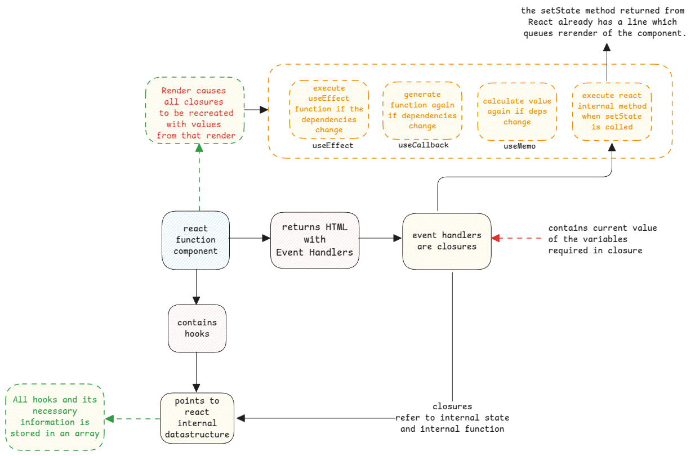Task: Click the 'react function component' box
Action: (x=195, y=239)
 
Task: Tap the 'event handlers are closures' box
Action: (x=447, y=241)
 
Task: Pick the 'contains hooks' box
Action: (x=197, y=328)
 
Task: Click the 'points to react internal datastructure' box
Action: (x=197, y=418)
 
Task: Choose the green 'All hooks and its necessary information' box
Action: (x=55, y=417)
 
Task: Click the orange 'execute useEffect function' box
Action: (x=329, y=109)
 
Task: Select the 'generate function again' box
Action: (x=422, y=110)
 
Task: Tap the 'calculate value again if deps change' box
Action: (x=516, y=111)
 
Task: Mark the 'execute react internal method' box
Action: (x=612, y=111)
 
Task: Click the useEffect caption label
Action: (x=333, y=145)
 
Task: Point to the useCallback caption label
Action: (x=423, y=145)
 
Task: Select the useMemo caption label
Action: (x=519, y=146)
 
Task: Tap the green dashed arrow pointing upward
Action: (x=199, y=177)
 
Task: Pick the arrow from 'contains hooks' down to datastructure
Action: (x=196, y=372)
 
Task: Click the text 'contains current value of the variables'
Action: (x=602, y=239)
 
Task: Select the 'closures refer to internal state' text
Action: (x=452, y=418)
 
